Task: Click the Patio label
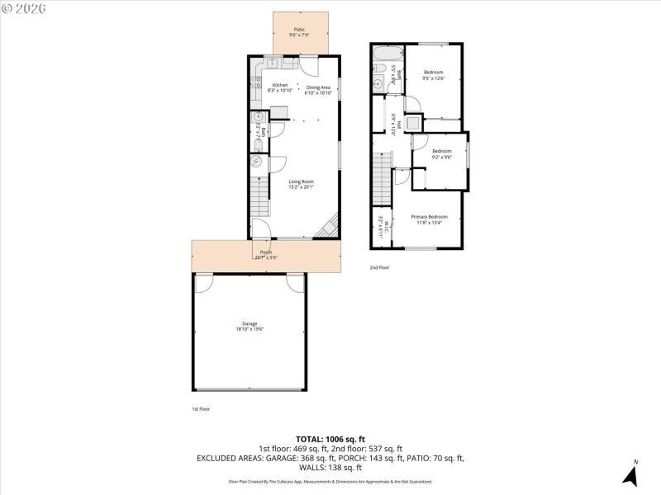coord(299,32)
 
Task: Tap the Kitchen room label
coord(280,88)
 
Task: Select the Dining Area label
coord(318,90)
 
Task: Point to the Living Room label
coord(301,184)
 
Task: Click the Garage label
coord(250,326)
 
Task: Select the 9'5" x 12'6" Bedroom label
coord(434,75)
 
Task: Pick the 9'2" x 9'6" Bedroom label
coord(442,153)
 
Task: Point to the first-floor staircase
coord(259,197)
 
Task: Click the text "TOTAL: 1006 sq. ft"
coord(330,439)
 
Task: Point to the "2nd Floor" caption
coord(378,267)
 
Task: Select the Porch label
coord(266,255)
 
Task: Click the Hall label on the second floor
coord(397,125)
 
